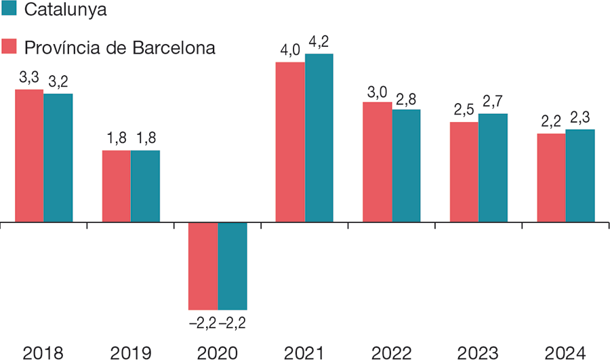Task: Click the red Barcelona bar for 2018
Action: pyautogui.click(x=29, y=155)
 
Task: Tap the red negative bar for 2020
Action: pyautogui.click(x=203, y=266)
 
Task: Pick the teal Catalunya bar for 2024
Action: pyautogui.click(x=580, y=176)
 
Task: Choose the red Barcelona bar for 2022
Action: pyautogui.click(x=377, y=162)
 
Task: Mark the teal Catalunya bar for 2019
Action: pyautogui.click(x=145, y=186)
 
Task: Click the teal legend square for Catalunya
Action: pyautogui.click(x=9, y=9)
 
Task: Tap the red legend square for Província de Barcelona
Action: pyautogui.click(x=9, y=47)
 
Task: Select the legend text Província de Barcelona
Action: pyautogui.click(x=120, y=48)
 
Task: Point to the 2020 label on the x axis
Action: pyautogui.click(x=217, y=352)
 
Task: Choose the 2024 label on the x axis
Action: pyautogui.click(x=565, y=352)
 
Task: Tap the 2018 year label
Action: pyautogui.click(x=43, y=352)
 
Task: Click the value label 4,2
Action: pyautogui.click(x=320, y=43)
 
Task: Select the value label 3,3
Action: pyautogui.click(x=29, y=78)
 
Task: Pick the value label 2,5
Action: pyautogui.click(x=464, y=111)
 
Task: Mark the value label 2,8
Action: pyautogui.click(x=406, y=99)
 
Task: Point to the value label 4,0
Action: pyautogui.click(x=289, y=51)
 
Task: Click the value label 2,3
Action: pyautogui.click(x=579, y=118)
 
